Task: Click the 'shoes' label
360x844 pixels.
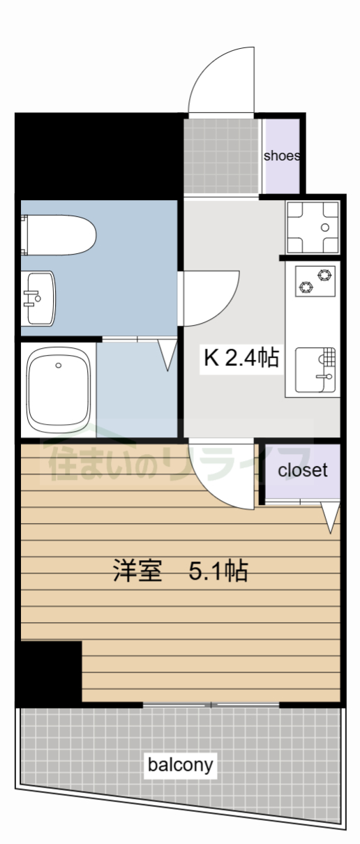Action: [282, 156]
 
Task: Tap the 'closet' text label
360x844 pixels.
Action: [303, 470]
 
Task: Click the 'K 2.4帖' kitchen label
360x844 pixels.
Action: [241, 357]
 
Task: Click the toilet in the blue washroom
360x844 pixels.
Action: [59, 235]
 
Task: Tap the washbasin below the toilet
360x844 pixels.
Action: [38, 299]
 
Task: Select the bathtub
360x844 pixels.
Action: [59, 390]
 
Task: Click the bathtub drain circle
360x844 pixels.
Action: [58, 365]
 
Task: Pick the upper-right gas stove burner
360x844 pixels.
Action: [324, 275]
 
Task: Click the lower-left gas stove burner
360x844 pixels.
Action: [306, 287]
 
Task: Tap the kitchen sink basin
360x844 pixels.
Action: [315, 370]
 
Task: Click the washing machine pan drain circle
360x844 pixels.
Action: [325, 227]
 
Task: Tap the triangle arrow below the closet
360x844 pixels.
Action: [330, 517]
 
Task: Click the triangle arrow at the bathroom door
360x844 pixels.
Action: [167, 355]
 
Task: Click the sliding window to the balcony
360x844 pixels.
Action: [211, 704]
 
